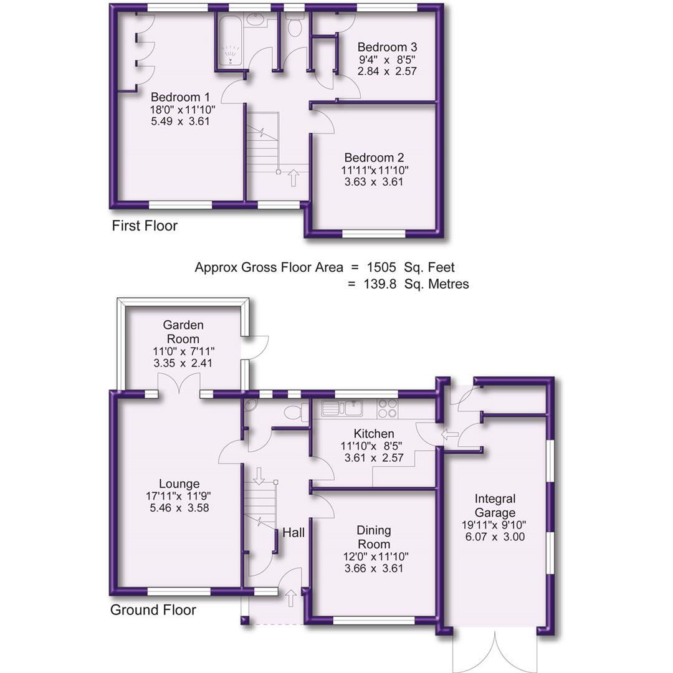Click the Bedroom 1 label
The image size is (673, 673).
(x=180, y=97)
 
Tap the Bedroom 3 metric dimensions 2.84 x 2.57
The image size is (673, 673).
(x=386, y=71)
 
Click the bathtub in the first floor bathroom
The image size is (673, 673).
(x=231, y=42)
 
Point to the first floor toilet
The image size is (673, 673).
(x=294, y=25)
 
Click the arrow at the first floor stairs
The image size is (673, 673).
(x=293, y=178)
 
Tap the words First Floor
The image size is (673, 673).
(x=145, y=226)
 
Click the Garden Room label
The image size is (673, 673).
(x=183, y=332)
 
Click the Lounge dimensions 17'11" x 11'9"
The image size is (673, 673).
(x=179, y=496)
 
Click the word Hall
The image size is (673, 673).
(x=294, y=533)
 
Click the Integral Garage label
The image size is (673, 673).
(x=495, y=505)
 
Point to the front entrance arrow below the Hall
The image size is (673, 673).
(x=290, y=599)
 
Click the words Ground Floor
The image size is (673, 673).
(x=153, y=610)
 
